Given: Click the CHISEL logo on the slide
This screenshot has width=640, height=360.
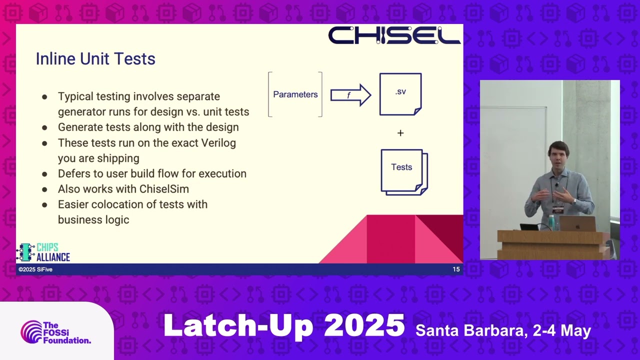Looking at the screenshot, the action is pos(394,35).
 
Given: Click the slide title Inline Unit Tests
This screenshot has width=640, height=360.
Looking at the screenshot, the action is pos(95,59).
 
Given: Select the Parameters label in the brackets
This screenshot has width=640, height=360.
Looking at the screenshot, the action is pos(295,94).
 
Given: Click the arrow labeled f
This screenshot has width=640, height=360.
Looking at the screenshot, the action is pos(351,95).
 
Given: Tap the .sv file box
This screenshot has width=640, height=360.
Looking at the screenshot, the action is pos(400,94).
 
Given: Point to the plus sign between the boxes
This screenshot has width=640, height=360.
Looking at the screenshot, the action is pos(400,133).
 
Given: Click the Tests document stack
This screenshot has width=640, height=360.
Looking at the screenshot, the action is pos(404,172).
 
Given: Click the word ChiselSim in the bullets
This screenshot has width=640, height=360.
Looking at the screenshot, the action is pos(164,189).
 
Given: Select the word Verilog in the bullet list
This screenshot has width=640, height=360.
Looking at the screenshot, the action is pos(218,143).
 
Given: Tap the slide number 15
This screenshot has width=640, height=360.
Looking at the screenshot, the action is pos(456,269).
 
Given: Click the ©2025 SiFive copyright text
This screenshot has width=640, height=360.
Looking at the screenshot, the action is pos(35,269).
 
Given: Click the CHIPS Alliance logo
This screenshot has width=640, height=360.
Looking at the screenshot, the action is pos(43,252).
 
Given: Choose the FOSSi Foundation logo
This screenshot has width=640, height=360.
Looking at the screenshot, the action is pos(55,332).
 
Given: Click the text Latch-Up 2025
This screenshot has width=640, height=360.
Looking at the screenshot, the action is pos(284,326).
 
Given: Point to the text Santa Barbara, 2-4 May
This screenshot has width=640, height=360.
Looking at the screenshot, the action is pos(503,331).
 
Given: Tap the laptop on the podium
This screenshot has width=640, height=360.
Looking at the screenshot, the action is pos(577,223).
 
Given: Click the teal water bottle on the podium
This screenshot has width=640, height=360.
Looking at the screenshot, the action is pos(551,222).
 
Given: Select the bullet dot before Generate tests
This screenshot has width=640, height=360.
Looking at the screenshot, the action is pos(44,127).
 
